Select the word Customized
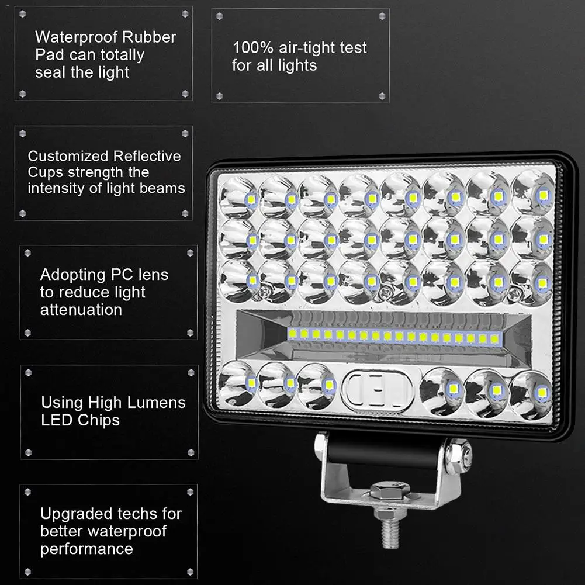point(68,157)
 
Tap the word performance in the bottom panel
point(86,549)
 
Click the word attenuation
point(81,310)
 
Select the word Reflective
point(147,157)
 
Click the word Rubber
point(150,37)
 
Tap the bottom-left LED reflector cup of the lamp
point(238,383)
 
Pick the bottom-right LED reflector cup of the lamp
point(530,394)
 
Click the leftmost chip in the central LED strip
point(292,333)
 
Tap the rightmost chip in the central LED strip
point(496,339)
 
